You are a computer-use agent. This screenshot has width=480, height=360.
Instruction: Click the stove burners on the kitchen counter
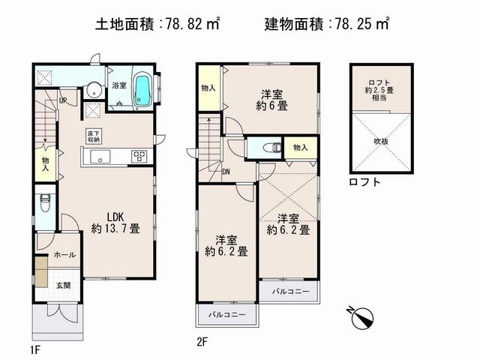tap(140, 156)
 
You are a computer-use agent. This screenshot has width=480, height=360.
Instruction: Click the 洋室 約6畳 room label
tap(271, 100)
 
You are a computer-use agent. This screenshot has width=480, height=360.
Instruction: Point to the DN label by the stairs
tap(226, 171)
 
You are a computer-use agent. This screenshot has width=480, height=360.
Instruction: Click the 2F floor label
tap(200, 341)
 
